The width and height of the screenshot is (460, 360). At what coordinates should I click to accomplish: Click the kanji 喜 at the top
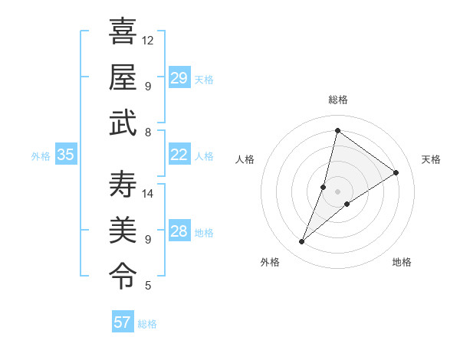(123, 32)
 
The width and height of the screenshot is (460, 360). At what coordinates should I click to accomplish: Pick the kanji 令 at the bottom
(123, 274)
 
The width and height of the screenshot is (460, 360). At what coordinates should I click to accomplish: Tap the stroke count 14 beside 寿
(148, 193)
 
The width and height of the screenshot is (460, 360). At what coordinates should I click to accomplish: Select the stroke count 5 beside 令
(147, 286)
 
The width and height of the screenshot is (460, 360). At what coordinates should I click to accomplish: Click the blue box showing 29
(179, 78)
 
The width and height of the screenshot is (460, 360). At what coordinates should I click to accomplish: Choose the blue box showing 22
(179, 155)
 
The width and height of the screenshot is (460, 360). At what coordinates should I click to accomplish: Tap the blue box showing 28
(179, 231)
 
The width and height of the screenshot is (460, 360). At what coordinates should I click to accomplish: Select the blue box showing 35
(65, 155)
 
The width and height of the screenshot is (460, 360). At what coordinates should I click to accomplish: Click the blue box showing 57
(122, 322)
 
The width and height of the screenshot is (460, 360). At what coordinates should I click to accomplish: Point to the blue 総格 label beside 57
(147, 324)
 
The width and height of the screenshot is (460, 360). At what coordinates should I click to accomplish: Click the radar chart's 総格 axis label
(337, 100)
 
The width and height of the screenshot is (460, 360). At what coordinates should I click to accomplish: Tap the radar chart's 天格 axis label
(431, 159)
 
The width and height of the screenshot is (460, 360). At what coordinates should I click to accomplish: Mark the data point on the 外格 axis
(301, 242)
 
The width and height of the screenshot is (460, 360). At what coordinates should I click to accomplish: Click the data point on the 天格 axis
(396, 172)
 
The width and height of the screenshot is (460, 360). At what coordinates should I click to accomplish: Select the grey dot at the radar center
(337, 191)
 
